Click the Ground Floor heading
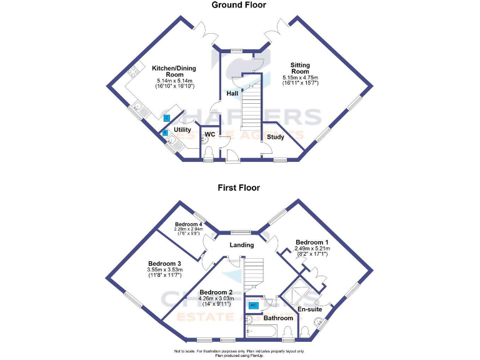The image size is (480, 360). click(239, 6)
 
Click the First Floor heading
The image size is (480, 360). click(239, 187)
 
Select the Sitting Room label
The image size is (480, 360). click(299, 67)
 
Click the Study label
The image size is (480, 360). click(276, 137)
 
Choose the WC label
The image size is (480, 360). click(210, 134)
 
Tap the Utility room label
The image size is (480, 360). click(182, 130)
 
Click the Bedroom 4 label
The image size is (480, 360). click(188, 224)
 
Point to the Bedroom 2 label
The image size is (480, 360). click(216, 292)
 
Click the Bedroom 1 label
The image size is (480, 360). click(311, 242)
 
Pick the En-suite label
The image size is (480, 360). click(309, 309)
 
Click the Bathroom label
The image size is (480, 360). click(278, 318)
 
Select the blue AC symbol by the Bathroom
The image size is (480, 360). click(254, 305)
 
